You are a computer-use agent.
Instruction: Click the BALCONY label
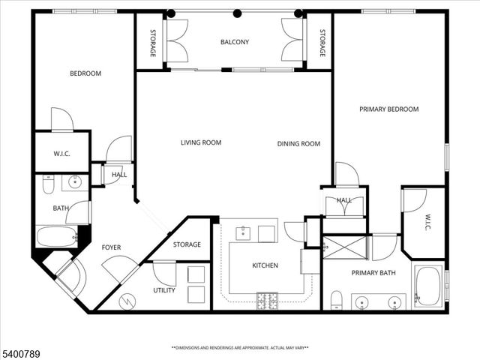point(235,42)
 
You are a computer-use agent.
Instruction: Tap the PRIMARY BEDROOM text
point(388,109)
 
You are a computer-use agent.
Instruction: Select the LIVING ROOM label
point(201,142)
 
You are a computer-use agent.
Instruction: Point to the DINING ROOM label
point(298,144)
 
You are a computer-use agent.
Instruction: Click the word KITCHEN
point(265,265)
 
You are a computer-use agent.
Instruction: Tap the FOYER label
point(111,247)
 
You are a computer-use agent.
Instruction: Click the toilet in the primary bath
point(337,299)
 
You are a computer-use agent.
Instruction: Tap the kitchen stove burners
point(266,301)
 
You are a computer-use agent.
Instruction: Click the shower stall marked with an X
point(344,247)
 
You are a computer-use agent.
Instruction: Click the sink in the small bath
point(75,181)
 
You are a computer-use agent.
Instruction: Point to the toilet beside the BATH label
point(48,183)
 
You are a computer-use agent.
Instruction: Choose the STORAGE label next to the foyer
point(187,244)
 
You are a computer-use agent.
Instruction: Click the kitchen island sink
point(244,234)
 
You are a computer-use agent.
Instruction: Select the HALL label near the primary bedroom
point(344,200)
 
